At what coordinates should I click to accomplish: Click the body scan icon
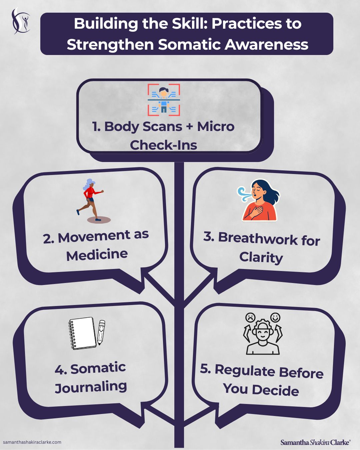(x=164, y=100)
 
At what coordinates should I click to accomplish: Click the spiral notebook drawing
(x=82, y=333)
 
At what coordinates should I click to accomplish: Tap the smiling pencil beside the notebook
(x=101, y=332)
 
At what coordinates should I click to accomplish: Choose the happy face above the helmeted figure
(x=275, y=317)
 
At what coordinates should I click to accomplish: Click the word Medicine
(x=97, y=255)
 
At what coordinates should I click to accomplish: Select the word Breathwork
(x=258, y=238)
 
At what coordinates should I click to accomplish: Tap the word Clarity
(x=261, y=257)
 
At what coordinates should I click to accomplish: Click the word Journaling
(x=91, y=387)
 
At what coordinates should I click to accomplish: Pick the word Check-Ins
(x=163, y=145)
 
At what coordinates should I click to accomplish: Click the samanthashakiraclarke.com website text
(x=32, y=442)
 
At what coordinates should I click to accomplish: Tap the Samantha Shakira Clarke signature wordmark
(x=315, y=442)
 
